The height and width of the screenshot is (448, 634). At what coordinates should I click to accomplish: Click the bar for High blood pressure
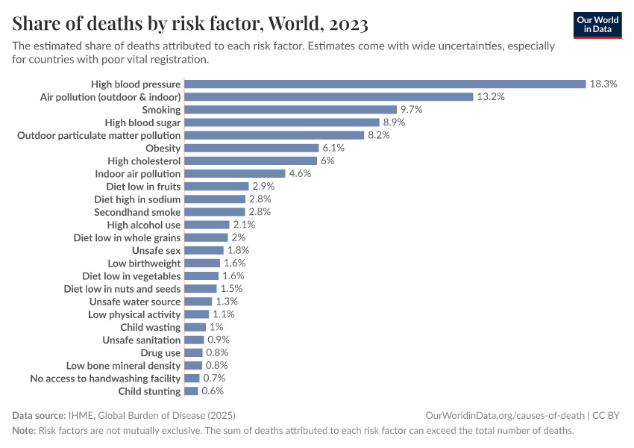(385, 84)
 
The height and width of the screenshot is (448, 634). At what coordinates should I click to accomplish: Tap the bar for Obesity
(251, 148)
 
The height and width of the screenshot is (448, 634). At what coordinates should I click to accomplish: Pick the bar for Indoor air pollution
(235, 174)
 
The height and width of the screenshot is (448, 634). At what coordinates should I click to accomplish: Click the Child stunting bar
(191, 391)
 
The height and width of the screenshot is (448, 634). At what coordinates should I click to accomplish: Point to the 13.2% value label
(491, 97)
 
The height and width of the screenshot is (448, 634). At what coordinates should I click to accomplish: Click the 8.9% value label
(396, 122)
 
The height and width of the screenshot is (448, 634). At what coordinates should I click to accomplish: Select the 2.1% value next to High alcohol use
(244, 225)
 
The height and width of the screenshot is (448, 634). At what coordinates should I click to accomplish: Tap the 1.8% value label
(238, 250)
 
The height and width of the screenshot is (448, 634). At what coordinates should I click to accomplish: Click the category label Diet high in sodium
(137, 199)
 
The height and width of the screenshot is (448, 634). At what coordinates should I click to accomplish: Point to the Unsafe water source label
(135, 302)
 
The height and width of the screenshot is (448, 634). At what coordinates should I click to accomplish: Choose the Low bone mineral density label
(123, 366)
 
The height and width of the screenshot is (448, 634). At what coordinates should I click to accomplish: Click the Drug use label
(160, 352)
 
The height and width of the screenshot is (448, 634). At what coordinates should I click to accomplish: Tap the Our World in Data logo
(597, 24)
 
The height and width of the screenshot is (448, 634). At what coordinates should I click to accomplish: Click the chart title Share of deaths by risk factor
(190, 24)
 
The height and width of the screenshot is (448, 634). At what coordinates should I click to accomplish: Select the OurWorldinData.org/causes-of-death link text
(504, 415)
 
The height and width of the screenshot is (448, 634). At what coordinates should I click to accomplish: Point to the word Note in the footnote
(23, 431)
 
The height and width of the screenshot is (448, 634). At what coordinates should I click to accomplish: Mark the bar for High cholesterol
(251, 161)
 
